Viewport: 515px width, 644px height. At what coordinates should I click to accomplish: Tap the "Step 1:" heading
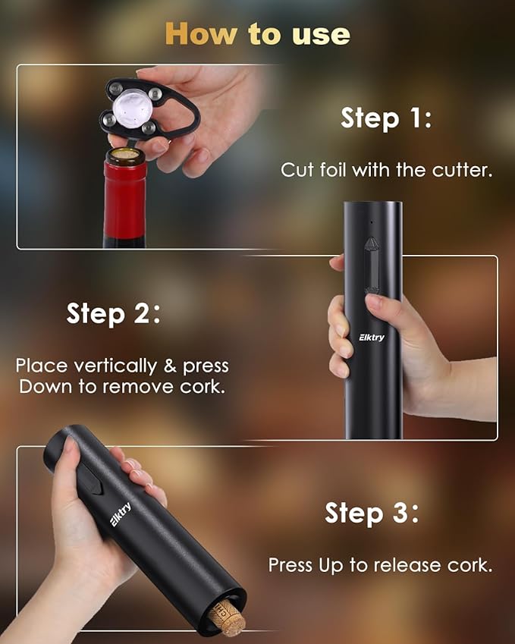coord(385,118)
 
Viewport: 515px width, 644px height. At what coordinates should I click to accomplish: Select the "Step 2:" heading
coord(113,313)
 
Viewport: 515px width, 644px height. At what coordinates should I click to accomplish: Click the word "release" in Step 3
coord(400,565)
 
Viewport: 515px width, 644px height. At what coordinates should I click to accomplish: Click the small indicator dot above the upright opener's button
coord(371,223)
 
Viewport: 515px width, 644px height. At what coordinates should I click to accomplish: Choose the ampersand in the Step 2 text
coord(171,366)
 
